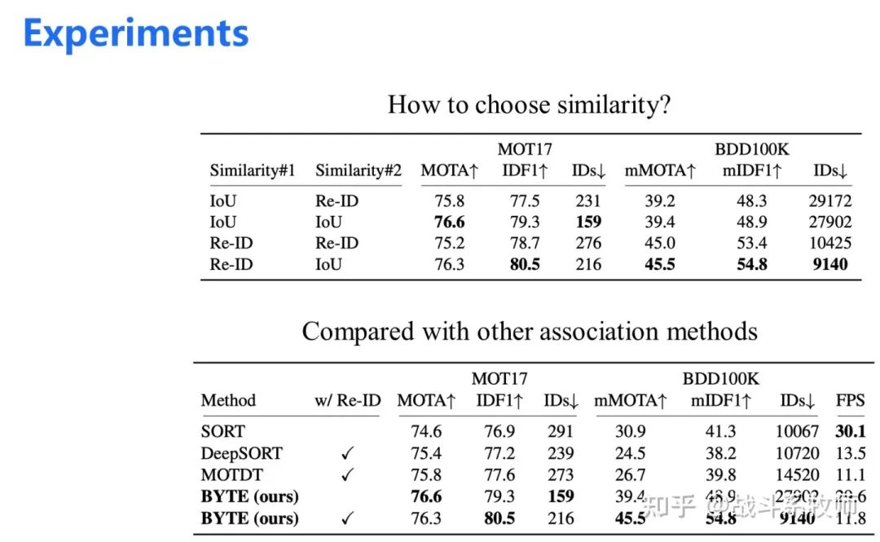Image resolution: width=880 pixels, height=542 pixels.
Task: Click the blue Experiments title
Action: pyautogui.click(x=136, y=34)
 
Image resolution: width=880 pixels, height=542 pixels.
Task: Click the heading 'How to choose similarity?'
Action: pyautogui.click(x=529, y=104)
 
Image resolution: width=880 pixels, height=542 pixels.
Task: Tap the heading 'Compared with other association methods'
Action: pyautogui.click(x=530, y=332)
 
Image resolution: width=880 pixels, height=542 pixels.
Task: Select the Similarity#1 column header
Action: pyautogui.click(x=252, y=170)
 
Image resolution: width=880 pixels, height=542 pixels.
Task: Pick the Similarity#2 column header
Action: pyautogui.click(x=358, y=170)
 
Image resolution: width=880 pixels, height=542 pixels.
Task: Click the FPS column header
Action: pyautogui.click(x=849, y=400)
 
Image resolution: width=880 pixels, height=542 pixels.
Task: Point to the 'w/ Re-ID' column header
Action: pyautogui.click(x=347, y=400)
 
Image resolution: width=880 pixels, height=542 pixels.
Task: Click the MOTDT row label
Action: pyautogui.click(x=233, y=474)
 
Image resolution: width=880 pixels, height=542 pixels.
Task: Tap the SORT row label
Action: pyautogui.click(x=222, y=431)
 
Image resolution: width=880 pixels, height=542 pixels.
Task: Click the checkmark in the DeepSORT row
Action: pyautogui.click(x=347, y=453)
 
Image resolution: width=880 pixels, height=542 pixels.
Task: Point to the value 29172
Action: pyautogui.click(x=829, y=200)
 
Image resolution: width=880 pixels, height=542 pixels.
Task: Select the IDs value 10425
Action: pyautogui.click(x=829, y=243)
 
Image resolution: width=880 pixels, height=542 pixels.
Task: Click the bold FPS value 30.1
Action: pyautogui.click(x=849, y=431)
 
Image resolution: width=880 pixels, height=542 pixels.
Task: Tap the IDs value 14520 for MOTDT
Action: pyautogui.click(x=798, y=474)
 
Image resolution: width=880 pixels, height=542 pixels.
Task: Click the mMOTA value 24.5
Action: pyautogui.click(x=631, y=453)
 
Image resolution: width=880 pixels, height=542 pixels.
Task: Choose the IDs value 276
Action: pyautogui.click(x=587, y=243)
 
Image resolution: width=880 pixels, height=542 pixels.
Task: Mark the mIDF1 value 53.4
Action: pyautogui.click(x=752, y=243)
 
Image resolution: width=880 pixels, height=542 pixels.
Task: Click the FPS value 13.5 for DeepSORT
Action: pyautogui.click(x=849, y=453)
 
